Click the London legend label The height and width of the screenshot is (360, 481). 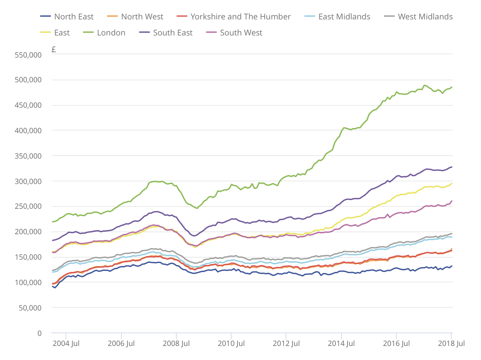(111, 33)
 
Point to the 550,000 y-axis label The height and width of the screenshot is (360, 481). (28, 55)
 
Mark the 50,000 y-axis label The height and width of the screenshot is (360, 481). (30, 308)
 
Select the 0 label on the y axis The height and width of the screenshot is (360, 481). (39, 334)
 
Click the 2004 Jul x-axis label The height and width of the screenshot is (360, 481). (66, 344)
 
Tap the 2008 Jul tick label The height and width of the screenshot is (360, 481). (176, 344)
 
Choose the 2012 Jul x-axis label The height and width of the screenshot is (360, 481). (286, 344)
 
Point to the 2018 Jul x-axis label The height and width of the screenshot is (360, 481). (451, 344)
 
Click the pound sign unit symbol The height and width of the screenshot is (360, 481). (54, 50)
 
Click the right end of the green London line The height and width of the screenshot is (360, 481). (452, 87)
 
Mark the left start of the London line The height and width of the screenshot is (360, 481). (53, 222)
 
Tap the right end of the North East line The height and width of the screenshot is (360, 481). (452, 266)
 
